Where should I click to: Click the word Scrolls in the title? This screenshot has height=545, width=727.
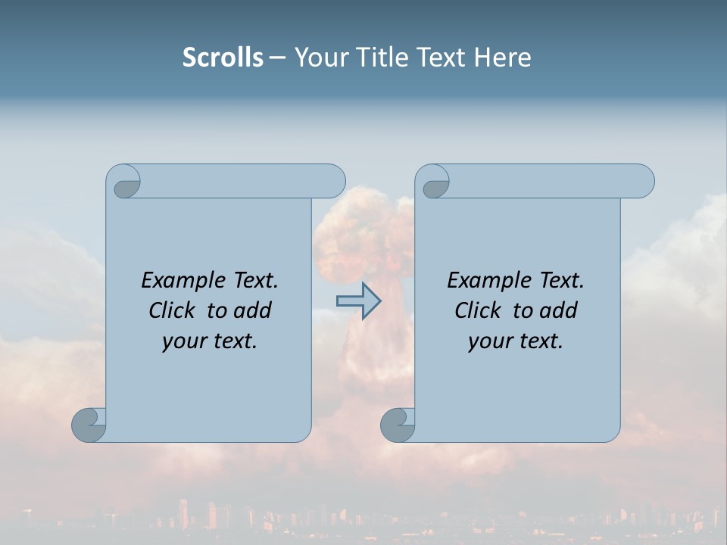[223, 58]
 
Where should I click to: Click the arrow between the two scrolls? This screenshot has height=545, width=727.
[358, 301]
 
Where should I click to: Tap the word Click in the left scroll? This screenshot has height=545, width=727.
[172, 310]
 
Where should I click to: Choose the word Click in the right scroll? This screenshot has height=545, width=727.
[478, 310]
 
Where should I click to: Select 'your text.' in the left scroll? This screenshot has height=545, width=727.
[210, 341]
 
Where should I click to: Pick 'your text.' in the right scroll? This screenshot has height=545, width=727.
[516, 341]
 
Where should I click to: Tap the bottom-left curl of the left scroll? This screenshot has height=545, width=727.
[89, 424]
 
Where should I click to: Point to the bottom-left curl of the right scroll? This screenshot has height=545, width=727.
[398, 424]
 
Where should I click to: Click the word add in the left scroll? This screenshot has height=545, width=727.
[254, 310]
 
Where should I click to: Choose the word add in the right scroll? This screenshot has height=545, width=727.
[560, 310]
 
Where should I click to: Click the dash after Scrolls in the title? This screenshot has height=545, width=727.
[277, 58]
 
